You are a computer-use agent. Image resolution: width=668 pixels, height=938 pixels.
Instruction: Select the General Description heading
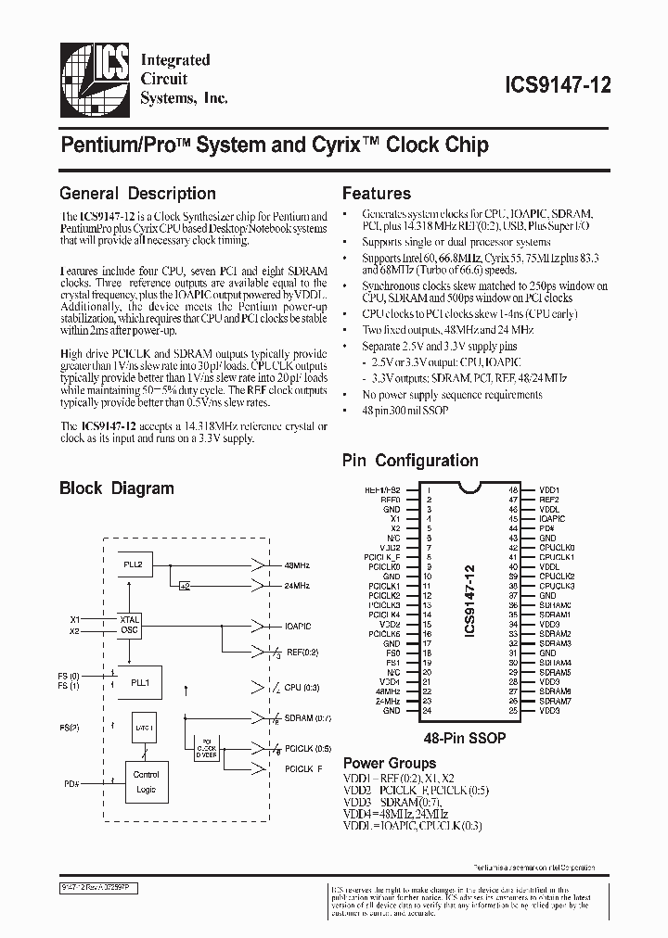point(137,194)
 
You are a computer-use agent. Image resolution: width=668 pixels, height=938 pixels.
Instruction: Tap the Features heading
point(377,194)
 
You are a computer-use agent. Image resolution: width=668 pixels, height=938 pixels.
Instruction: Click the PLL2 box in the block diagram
point(135,563)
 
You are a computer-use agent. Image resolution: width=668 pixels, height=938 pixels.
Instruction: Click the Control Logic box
point(146,781)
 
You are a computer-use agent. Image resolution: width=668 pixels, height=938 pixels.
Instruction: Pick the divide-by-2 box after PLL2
point(186,586)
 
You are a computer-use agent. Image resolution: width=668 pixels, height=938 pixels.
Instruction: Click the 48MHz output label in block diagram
point(297,564)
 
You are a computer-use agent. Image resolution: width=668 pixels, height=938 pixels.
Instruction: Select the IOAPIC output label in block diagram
point(299,626)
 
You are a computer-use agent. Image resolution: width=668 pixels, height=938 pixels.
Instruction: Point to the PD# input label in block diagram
point(71,783)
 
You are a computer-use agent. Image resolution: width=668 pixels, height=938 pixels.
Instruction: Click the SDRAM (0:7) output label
point(309,719)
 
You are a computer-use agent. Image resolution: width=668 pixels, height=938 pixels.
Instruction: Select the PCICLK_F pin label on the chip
point(383,556)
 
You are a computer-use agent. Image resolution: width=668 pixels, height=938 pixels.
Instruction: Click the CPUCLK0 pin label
point(557,547)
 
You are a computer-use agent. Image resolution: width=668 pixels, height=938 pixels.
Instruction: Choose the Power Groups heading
point(390,764)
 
